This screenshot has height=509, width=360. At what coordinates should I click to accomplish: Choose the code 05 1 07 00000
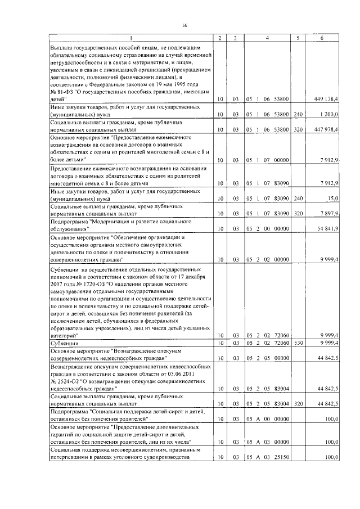point(267,160)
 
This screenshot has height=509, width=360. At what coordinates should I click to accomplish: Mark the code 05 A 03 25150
point(267,458)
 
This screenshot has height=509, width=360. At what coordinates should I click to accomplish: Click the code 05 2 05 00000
point(267,357)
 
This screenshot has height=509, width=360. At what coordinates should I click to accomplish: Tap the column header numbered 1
point(130,38)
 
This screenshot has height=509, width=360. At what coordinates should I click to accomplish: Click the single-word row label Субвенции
point(65,342)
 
